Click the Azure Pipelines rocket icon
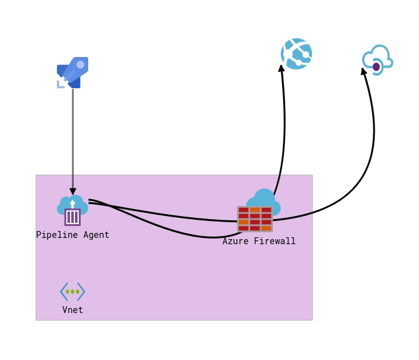click(72, 73)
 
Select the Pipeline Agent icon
click(73, 210)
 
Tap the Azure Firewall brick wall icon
click(255, 219)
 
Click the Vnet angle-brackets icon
click(73, 291)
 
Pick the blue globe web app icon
click(296, 54)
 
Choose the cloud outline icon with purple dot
click(377, 60)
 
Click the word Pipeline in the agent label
click(57, 235)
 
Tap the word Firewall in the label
click(275, 241)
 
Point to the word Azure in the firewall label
click(236, 241)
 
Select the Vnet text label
click(73, 310)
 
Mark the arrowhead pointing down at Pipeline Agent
click(73, 191)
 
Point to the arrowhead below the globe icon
click(281, 68)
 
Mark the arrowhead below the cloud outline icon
click(363, 71)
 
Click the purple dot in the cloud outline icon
click(376, 66)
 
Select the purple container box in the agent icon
click(73, 217)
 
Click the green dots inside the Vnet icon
click(73, 291)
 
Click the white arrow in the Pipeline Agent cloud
click(73, 203)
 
